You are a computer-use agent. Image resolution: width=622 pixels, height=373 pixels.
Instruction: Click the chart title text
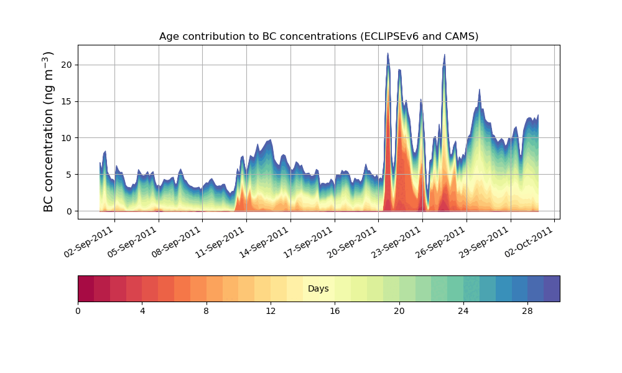point(318,36)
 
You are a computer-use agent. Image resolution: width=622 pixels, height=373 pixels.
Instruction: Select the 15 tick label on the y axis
point(66,101)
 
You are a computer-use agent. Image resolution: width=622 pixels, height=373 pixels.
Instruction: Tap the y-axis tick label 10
point(66,138)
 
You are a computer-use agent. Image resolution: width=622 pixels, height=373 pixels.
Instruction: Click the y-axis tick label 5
point(69,175)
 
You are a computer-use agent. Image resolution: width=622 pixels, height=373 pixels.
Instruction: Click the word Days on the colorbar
point(318,289)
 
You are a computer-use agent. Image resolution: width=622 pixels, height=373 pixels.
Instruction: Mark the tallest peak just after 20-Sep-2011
point(388,54)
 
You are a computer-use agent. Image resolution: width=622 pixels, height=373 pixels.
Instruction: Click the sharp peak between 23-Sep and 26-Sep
point(444,55)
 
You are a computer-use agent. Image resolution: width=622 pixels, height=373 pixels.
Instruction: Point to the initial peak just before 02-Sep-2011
point(105,152)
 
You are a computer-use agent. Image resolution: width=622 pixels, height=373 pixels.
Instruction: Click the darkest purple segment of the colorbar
point(552,288)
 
